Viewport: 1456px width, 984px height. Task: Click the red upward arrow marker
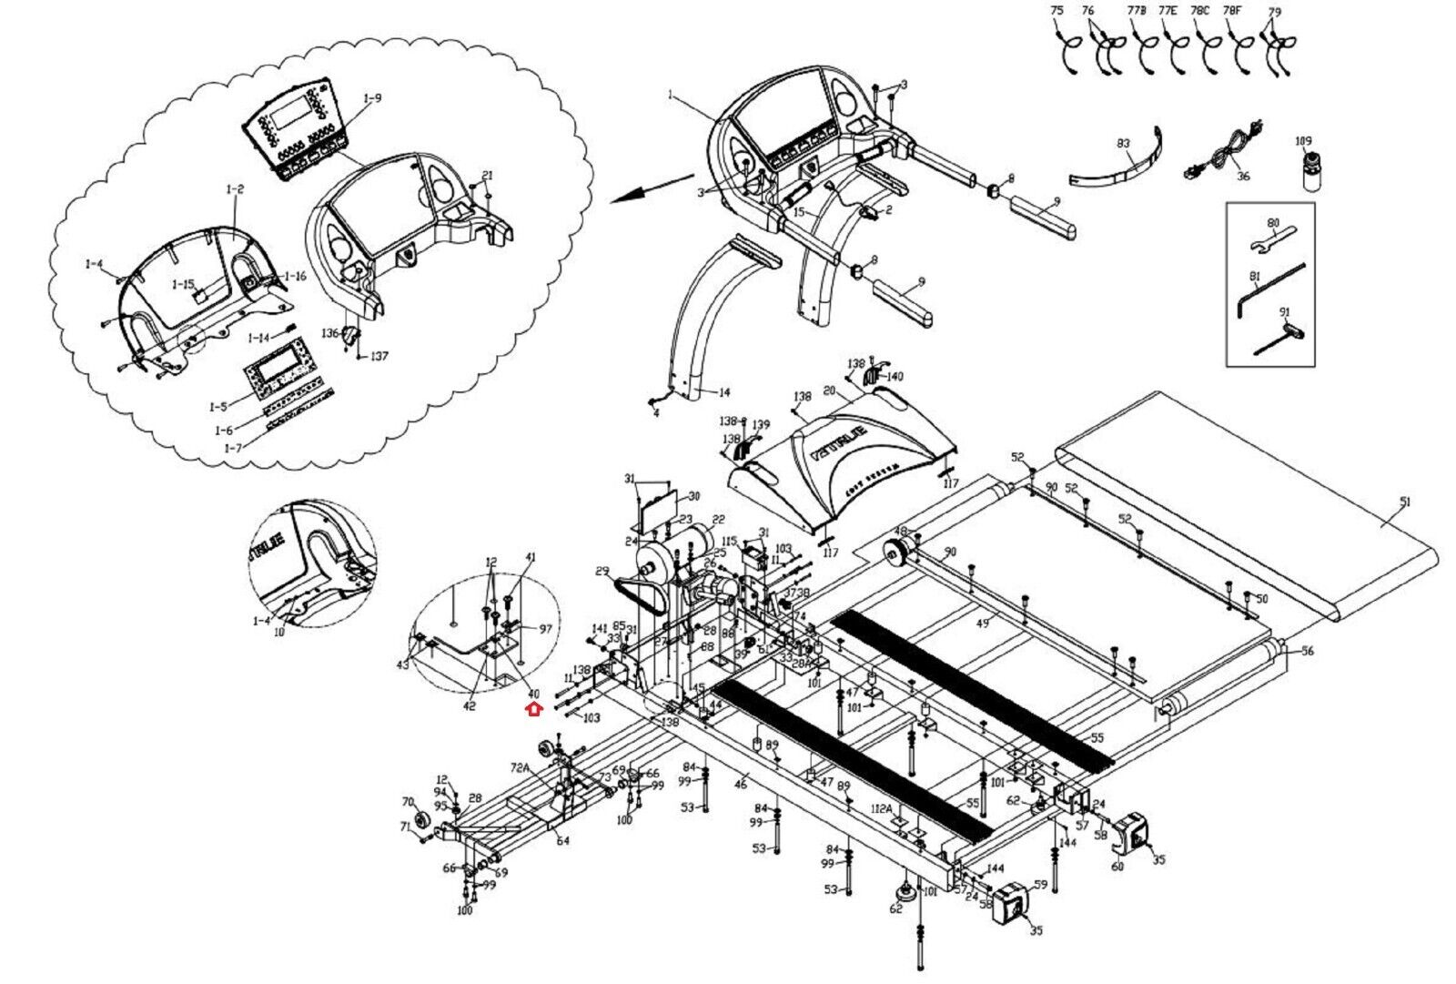(x=534, y=709)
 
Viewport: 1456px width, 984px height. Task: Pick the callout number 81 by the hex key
(x=1254, y=276)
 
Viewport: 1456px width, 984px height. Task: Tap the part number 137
(x=379, y=356)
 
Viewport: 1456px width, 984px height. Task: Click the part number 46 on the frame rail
(x=741, y=784)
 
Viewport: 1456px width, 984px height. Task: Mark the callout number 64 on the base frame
(x=562, y=841)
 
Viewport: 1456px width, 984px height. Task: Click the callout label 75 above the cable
(x=1057, y=10)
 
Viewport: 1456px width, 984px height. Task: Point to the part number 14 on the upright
(x=723, y=393)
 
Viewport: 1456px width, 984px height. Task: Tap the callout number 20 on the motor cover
(x=828, y=391)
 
